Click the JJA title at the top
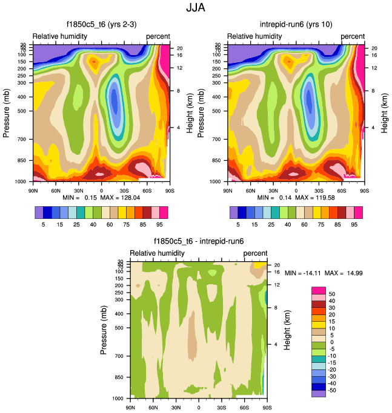[x=196, y=8]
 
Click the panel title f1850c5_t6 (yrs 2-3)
[x=101, y=25]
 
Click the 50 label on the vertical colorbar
[x=332, y=293]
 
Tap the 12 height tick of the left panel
[x=179, y=68]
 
